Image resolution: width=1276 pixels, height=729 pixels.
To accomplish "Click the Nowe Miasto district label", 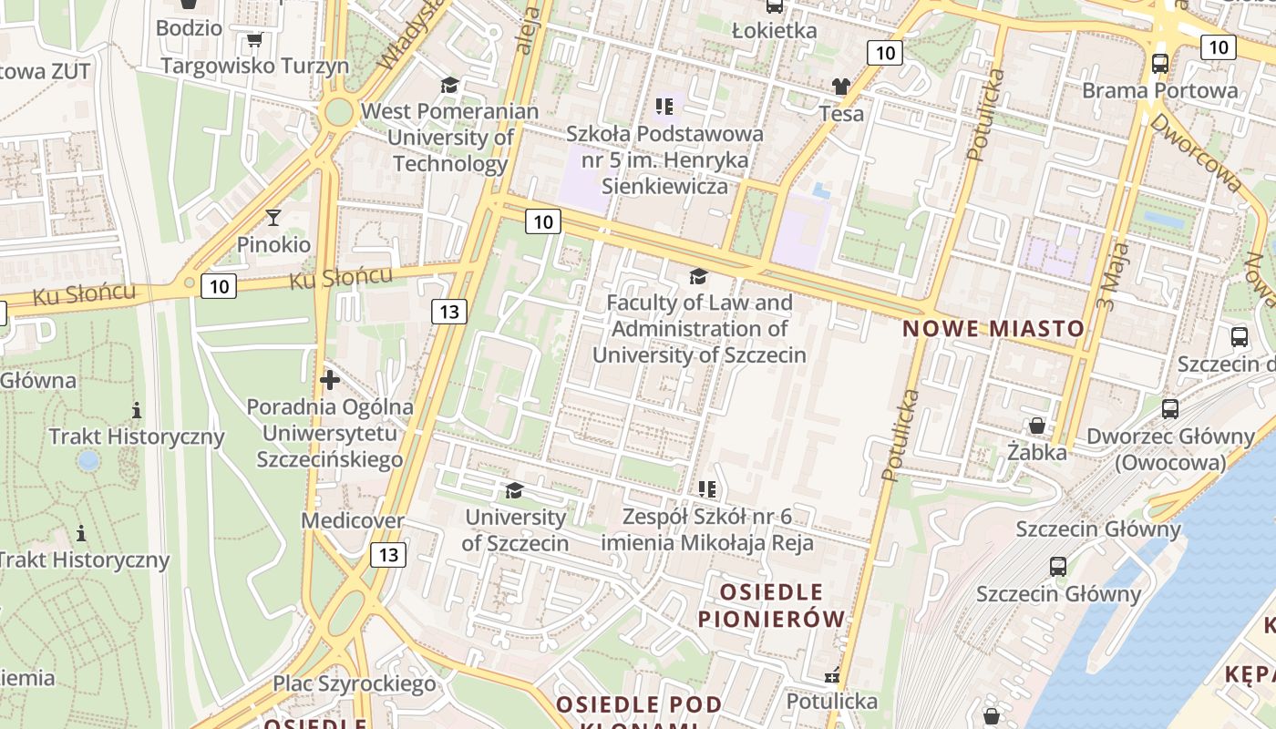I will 993,329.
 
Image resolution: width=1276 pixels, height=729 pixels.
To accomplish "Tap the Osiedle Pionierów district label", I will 771,605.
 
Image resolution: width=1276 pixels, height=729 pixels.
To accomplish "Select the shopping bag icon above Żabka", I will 1036,426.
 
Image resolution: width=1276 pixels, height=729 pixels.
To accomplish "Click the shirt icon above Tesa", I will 840,87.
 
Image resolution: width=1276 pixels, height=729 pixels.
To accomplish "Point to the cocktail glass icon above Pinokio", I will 273,218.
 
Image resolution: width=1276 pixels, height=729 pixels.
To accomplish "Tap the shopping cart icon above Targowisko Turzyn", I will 254,40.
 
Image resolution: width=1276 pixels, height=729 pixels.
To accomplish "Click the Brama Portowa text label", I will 1159,90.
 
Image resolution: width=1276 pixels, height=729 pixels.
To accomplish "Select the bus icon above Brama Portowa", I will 1159,64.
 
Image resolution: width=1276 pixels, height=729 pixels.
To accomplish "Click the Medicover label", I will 353,520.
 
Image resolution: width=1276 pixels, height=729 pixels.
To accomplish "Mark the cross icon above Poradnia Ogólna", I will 330,379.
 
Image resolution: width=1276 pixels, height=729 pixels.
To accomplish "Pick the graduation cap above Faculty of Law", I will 698,275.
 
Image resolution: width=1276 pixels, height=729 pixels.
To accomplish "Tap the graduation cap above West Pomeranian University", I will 449,86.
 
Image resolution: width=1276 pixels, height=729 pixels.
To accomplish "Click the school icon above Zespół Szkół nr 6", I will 706,490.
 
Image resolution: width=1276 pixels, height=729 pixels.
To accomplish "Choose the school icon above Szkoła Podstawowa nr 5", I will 664,107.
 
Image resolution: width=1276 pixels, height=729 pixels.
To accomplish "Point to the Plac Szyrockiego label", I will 355,683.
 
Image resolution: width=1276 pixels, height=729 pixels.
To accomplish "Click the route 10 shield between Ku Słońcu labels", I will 219,286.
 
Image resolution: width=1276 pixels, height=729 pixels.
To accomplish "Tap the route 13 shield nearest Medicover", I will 388,554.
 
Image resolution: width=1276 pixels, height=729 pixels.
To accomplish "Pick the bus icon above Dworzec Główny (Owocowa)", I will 1170,409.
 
